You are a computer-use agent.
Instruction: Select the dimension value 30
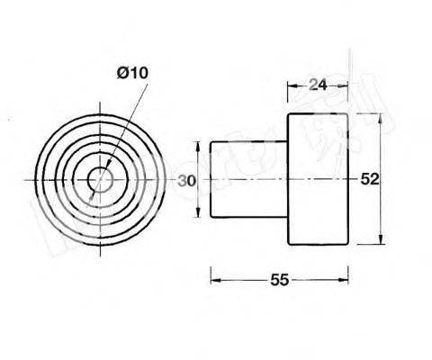click(186, 180)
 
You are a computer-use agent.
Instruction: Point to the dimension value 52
click(368, 179)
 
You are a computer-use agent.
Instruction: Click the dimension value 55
click(278, 280)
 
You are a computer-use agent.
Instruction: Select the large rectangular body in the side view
click(317, 179)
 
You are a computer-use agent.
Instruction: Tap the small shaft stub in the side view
click(248, 179)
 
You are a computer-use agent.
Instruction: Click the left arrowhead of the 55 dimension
click(214, 280)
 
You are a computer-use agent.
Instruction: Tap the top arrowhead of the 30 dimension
click(198, 144)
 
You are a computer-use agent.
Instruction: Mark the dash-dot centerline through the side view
click(270, 180)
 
